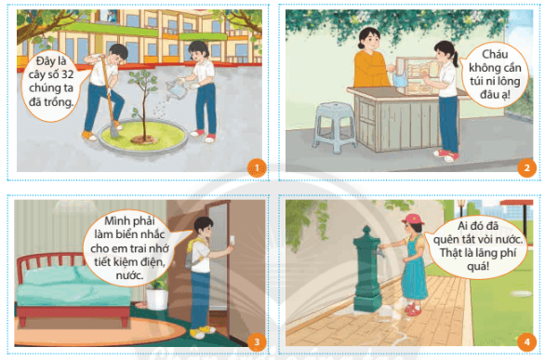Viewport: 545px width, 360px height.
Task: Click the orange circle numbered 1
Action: [x=257, y=168]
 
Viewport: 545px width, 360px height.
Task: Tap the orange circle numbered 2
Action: [x=526, y=168]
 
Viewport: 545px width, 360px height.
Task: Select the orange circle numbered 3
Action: [x=257, y=342]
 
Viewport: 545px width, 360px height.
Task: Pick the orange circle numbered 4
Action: [x=526, y=342]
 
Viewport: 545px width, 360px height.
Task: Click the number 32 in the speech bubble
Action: [x=68, y=74]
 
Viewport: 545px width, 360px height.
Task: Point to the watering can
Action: [x=176, y=88]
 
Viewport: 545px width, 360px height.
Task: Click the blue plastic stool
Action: [x=335, y=127]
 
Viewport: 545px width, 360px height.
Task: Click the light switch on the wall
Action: [x=232, y=240]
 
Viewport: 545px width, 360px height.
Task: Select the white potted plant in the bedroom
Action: [x=157, y=295]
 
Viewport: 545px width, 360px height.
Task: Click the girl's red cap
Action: [x=413, y=220]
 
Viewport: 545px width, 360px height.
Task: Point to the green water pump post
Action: [x=367, y=269]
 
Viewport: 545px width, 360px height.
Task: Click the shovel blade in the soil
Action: [x=114, y=132]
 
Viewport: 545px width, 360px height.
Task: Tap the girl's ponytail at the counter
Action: [x=456, y=60]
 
